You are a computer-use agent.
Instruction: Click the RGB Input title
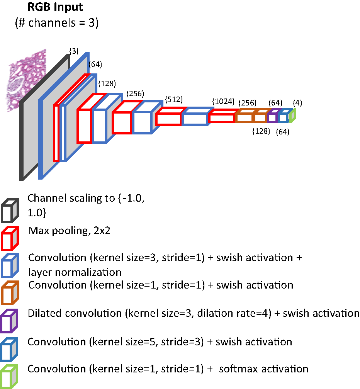54,7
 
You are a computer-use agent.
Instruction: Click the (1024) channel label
223,102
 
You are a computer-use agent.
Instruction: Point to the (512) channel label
174,100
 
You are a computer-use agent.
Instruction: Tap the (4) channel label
297,103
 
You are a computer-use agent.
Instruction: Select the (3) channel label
73,51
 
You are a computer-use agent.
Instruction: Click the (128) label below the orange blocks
261,131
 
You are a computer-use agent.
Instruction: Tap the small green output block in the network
292,116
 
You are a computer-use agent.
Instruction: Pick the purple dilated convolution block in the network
273,116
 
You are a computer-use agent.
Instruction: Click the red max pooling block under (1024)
222,116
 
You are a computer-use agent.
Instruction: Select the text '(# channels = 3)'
57,23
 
